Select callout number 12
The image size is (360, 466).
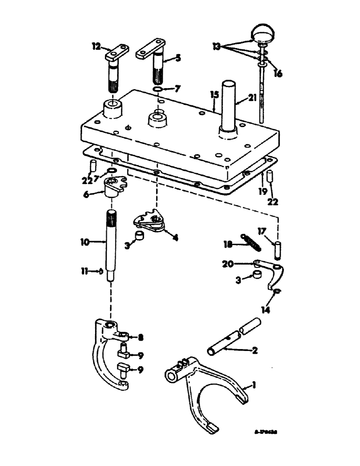pyautogui.click(x=96, y=46)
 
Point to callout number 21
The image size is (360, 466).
pyautogui.click(x=253, y=99)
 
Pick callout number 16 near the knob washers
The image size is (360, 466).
pyautogui.click(x=279, y=73)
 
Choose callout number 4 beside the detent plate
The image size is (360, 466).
pyautogui.click(x=175, y=237)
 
